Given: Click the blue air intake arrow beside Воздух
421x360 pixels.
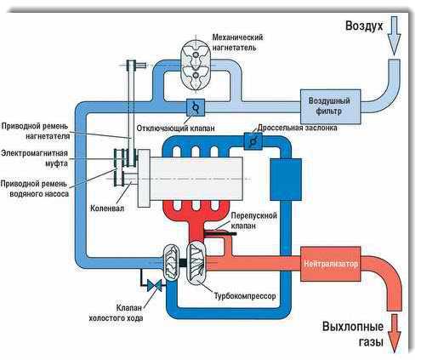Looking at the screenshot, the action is point(394,35).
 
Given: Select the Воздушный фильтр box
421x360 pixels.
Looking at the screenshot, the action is point(330,106).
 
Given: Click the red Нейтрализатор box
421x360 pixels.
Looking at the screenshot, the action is point(330,264).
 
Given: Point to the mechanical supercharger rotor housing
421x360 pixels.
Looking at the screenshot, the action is point(196,65).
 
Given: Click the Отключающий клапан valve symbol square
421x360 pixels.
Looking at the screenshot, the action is point(196,107).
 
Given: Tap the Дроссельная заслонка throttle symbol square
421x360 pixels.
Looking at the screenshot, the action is point(253,141).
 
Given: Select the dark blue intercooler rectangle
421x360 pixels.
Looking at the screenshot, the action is point(286,180).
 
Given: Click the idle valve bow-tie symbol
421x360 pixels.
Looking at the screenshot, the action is point(155,285).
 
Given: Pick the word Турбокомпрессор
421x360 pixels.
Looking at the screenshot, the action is point(245,296).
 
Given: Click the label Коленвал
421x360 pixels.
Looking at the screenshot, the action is point(107,209).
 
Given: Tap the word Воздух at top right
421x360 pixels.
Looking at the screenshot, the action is point(364,26).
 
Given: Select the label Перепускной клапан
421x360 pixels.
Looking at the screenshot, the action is point(253,220).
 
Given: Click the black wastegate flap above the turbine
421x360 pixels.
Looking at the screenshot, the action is point(220,233).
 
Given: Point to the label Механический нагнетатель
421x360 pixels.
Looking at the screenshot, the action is point(237,42).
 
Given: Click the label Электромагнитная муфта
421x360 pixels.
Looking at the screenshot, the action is point(34,158).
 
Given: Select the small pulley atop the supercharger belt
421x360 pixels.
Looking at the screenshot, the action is point(131,66).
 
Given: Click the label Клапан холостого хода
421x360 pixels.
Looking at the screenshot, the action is point(117,312).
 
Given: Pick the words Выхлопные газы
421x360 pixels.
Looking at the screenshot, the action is point(353,334).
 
